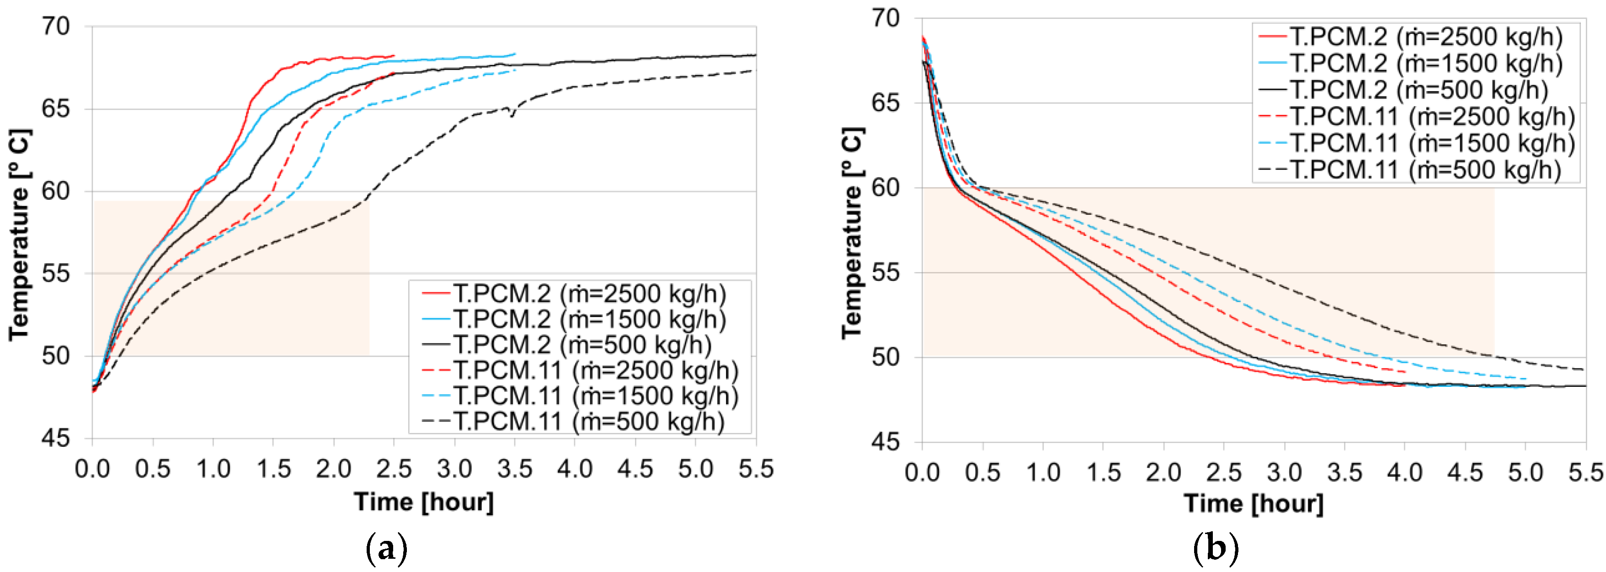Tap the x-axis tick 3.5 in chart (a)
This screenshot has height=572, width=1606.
(514, 469)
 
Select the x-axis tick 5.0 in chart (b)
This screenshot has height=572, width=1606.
(1525, 472)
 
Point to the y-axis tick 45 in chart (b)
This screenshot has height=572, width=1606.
(886, 442)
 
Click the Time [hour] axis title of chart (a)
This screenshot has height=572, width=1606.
(424, 502)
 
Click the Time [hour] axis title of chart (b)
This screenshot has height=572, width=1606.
(1254, 503)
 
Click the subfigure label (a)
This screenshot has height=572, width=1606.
(387, 550)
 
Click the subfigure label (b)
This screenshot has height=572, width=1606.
(1215, 550)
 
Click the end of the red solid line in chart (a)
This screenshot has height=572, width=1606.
(395, 55)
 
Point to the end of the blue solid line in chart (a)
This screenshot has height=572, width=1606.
(515, 53)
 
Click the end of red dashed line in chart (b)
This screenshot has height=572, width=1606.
(1405, 372)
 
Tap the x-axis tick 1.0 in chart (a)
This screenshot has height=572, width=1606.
(213, 469)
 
